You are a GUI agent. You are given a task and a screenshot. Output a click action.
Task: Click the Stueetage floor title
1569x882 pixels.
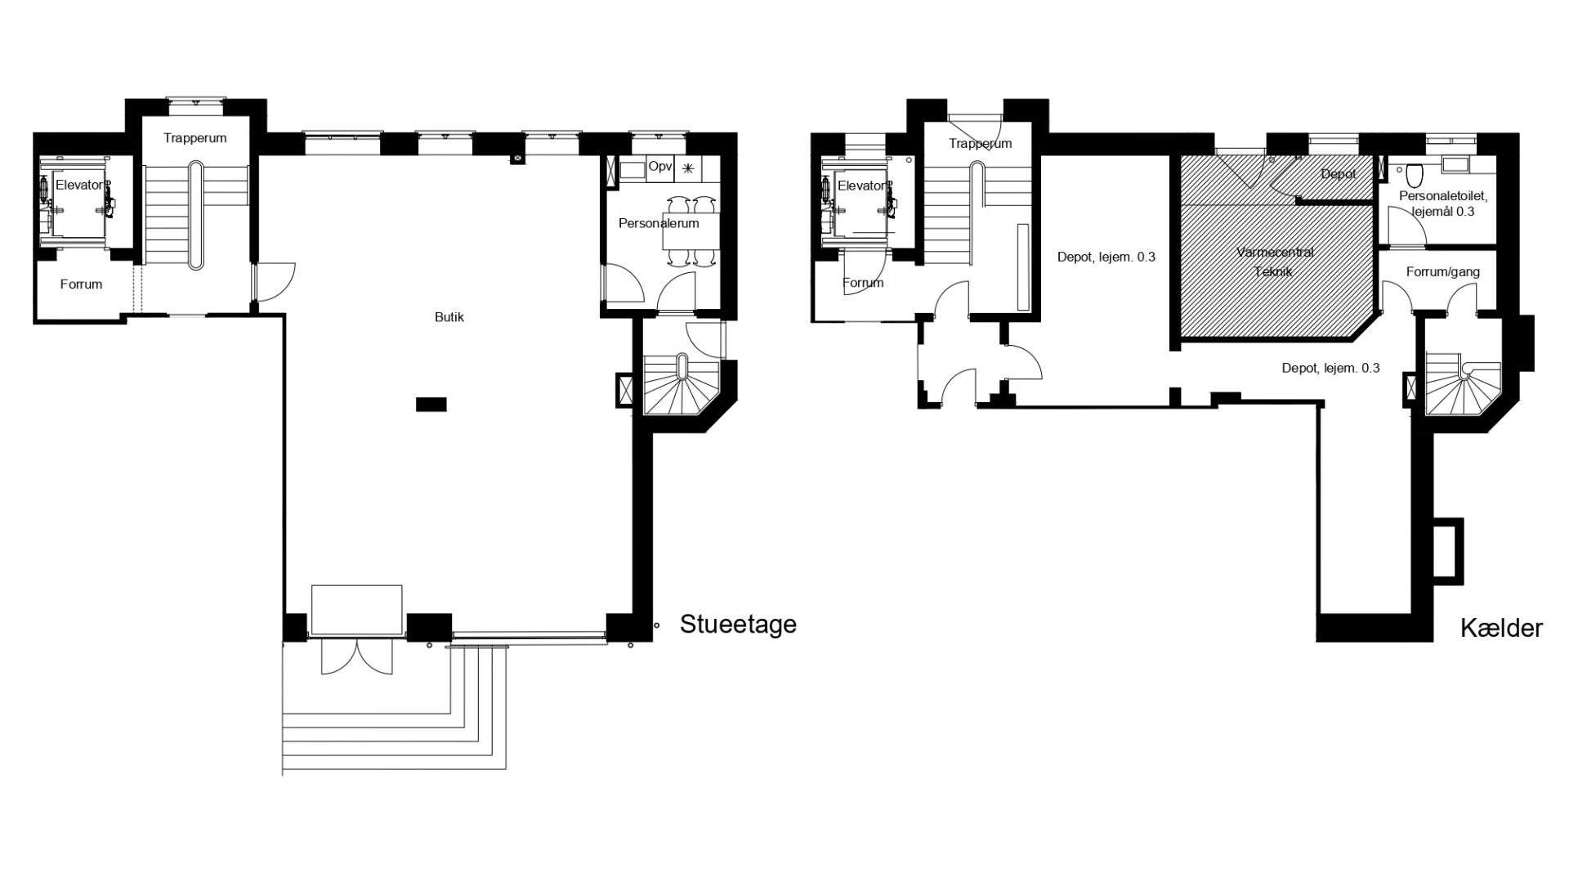(738, 625)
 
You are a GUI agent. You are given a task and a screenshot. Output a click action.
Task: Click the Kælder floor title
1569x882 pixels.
(1501, 629)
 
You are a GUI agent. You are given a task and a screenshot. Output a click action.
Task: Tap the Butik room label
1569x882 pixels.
(449, 317)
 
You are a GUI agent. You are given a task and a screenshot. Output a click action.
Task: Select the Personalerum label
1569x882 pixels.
(659, 223)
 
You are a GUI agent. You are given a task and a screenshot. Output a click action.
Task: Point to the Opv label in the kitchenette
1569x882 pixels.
(660, 167)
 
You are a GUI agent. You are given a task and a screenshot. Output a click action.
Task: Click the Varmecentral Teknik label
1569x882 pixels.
(1275, 262)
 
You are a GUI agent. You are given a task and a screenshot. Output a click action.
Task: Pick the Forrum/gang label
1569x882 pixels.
(1443, 272)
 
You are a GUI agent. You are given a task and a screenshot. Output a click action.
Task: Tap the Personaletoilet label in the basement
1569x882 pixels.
(1442, 204)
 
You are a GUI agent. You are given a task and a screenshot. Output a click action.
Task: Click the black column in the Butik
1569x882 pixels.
(431, 404)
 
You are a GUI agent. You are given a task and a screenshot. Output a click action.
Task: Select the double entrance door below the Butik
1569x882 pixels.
(356, 656)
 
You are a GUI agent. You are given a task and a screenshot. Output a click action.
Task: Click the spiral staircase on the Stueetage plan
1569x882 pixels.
(682, 383)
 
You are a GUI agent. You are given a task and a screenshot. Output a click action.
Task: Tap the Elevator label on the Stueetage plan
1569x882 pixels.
(80, 186)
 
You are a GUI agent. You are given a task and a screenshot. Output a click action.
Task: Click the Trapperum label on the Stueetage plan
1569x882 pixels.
(195, 138)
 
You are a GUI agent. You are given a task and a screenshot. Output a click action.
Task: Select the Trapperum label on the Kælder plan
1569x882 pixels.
(981, 144)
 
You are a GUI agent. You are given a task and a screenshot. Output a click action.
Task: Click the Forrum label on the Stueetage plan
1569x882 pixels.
(81, 284)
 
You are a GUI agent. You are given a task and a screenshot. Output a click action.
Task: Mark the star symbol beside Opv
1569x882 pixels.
(688, 168)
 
